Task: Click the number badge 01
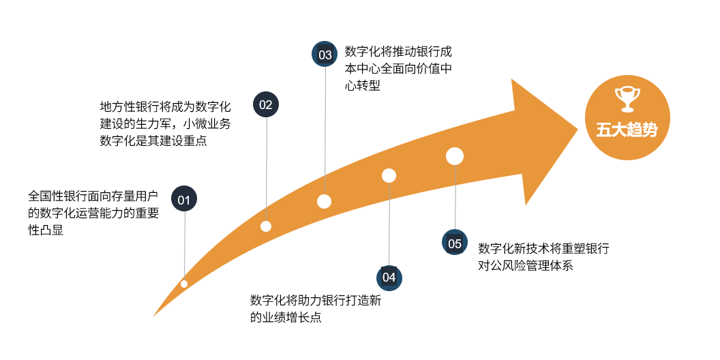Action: tap(183, 198)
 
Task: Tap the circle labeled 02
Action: tap(266, 105)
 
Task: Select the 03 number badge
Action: tap(325, 55)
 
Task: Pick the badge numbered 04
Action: tap(389, 277)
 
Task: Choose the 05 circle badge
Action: tap(455, 243)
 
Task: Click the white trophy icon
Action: tap(627, 100)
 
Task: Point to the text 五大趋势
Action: tap(627, 130)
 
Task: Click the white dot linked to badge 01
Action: tap(184, 284)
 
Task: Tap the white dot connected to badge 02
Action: tap(266, 226)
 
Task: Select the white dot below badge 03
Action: tap(324, 201)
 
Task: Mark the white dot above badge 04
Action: tap(389, 175)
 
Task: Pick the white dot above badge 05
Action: tap(455, 156)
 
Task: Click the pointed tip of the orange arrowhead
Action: tap(577, 129)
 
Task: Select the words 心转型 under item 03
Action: tap(363, 85)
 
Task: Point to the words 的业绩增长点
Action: tap(286, 317)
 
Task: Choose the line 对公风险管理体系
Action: tap(526, 265)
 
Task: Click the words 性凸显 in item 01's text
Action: tap(46, 230)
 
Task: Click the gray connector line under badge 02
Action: tap(267, 169)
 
